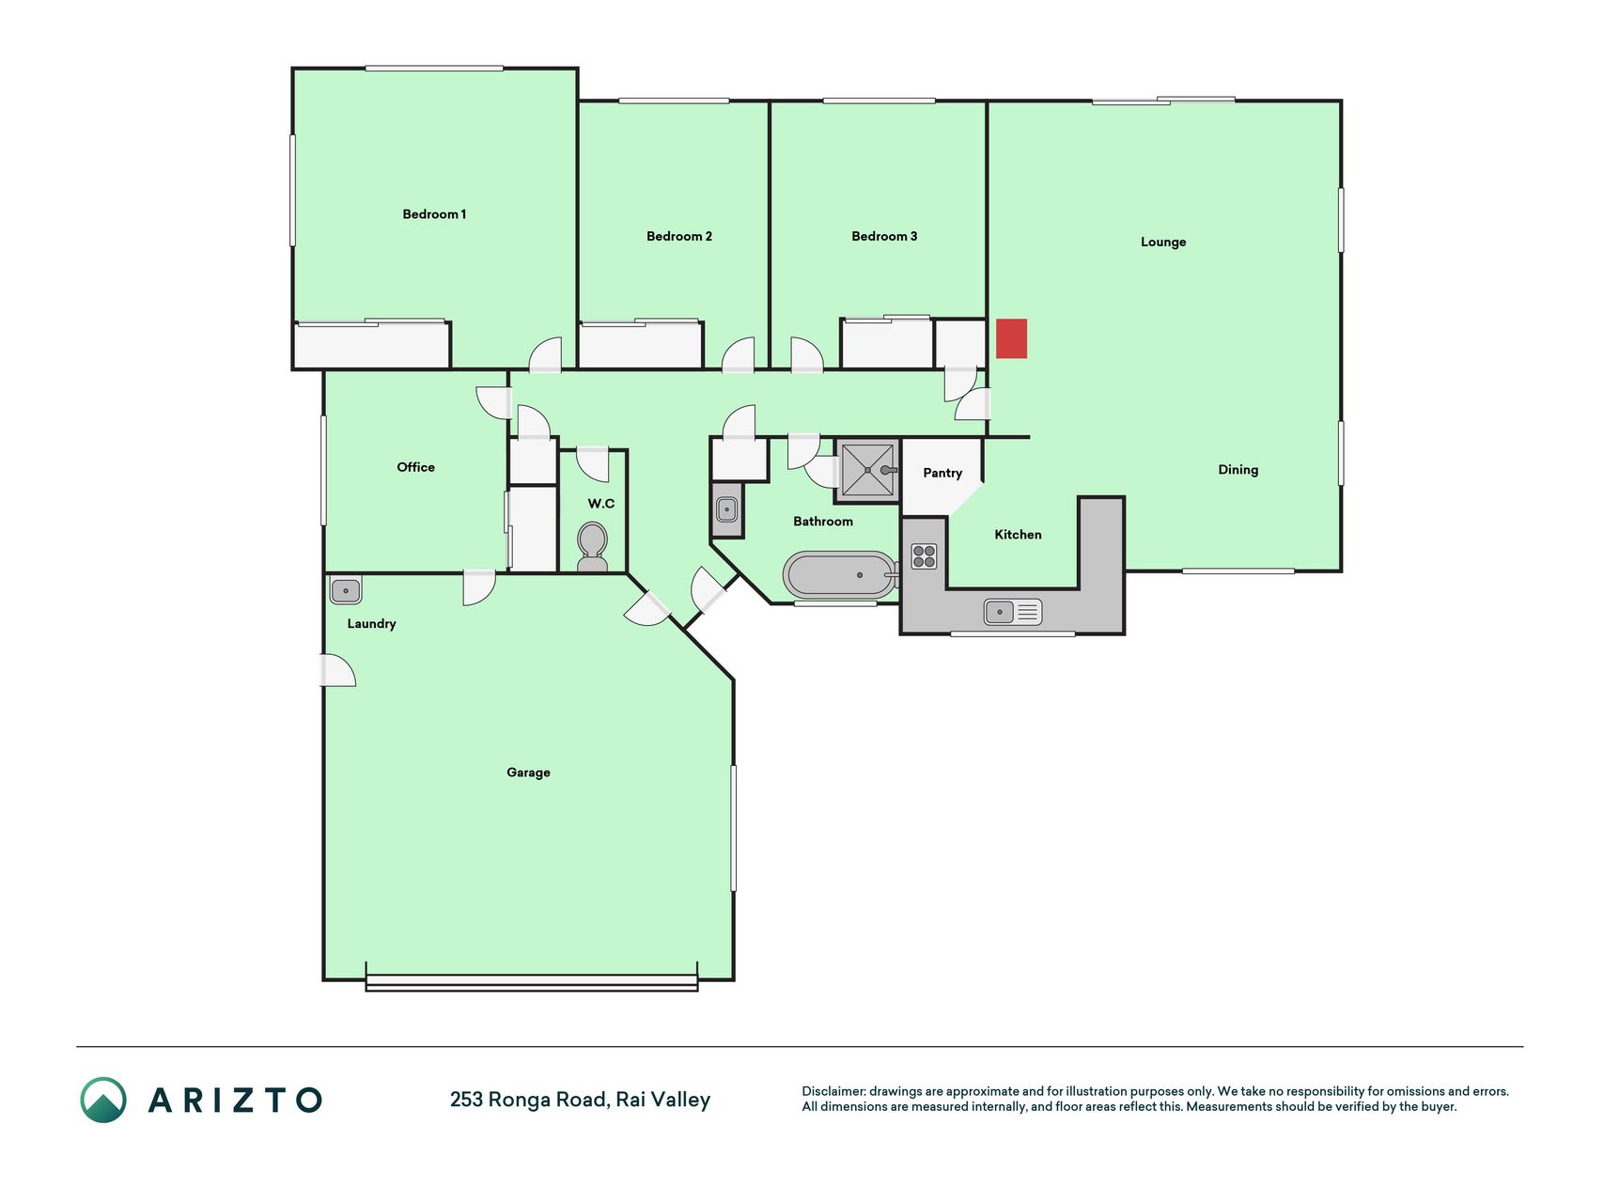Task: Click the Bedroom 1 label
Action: (x=434, y=214)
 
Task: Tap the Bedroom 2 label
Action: (x=679, y=236)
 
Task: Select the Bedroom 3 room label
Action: (x=884, y=236)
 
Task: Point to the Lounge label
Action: (x=1163, y=242)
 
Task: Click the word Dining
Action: (x=1238, y=470)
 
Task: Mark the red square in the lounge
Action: (x=1012, y=338)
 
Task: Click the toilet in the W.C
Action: (x=592, y=547)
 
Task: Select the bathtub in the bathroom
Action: (x=841, y=575)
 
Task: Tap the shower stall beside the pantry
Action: (x=867, y=470)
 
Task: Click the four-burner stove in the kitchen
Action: (x=924, y=556)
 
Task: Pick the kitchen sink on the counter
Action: (x=1013, y=612)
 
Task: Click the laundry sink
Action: (x=346, y=590)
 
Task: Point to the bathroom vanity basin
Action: (x=726, y=510)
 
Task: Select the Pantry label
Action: (x=942, y=473)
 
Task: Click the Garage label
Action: (x=528, y=773)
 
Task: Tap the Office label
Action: (x=415, y=467)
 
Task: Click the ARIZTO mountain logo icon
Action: (x=103, y=1100)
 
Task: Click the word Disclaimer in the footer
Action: (x=833, y=1091)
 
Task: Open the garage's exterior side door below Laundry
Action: (x=339, y=670)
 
